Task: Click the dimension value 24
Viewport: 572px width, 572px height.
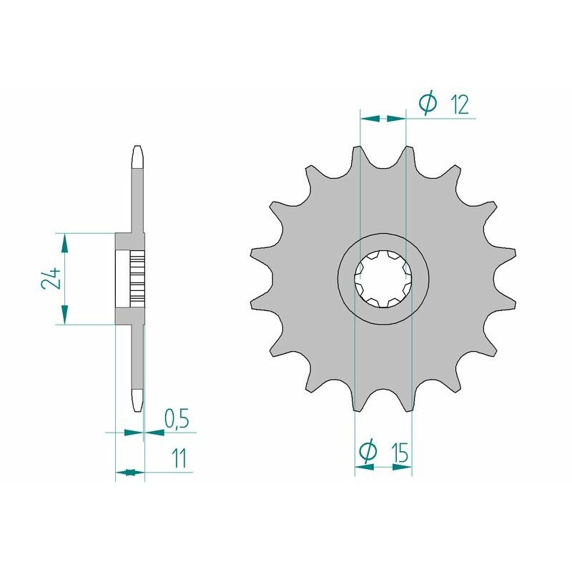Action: click(49, 279)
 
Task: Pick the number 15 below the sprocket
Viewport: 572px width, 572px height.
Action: click(400, 453)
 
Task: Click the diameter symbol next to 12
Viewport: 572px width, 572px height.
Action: click(427, 105)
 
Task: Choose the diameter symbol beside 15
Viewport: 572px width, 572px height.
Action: click(367, 452)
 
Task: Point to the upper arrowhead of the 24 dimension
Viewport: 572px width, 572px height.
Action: click(64, 243)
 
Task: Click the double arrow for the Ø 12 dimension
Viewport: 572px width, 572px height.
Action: click(383, 119)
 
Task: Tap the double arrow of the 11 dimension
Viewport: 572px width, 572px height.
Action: click(129, 472)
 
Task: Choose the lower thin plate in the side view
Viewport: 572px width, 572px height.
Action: click(138, 357)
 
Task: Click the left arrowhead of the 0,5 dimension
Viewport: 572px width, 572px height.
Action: click(132, 432)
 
